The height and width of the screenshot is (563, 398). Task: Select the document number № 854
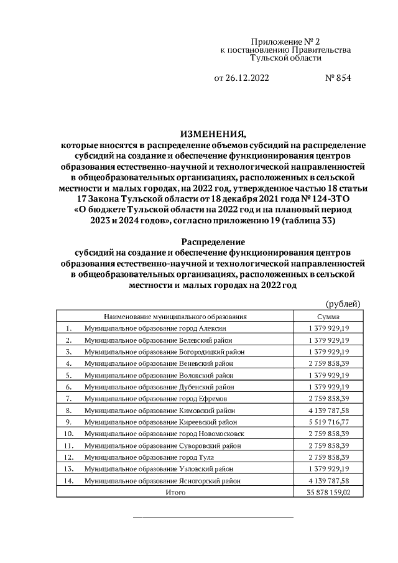tap(338, 79)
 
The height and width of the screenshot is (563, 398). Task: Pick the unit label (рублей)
tap(343, 303)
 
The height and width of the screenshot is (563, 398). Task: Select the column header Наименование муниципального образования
tap(176, 316)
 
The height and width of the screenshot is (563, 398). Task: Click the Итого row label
tap(175, 492)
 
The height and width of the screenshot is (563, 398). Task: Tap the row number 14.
tap(69, 480)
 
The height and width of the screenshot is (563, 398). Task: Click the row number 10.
tap(69, 434)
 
